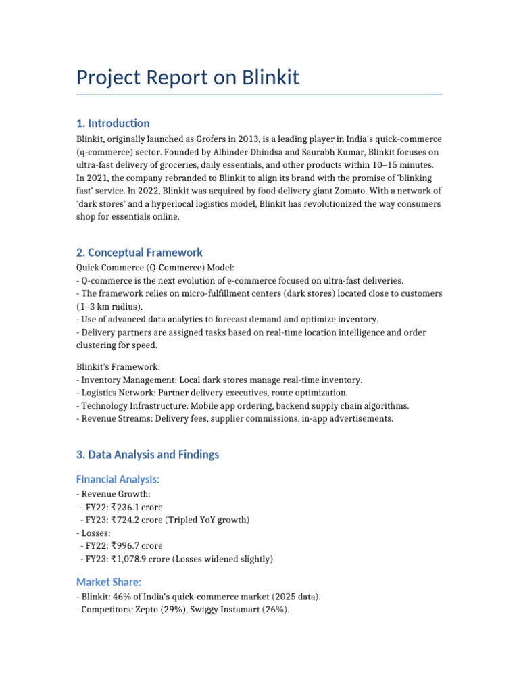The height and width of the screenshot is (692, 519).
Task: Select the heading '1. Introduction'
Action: (113, 123)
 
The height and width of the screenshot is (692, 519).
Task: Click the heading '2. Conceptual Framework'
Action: (139, 253)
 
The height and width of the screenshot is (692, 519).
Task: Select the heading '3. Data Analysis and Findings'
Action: (147, 455)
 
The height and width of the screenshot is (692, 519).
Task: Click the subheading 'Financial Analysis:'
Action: (118, 479)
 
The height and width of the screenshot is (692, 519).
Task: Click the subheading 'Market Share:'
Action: (109, 582)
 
